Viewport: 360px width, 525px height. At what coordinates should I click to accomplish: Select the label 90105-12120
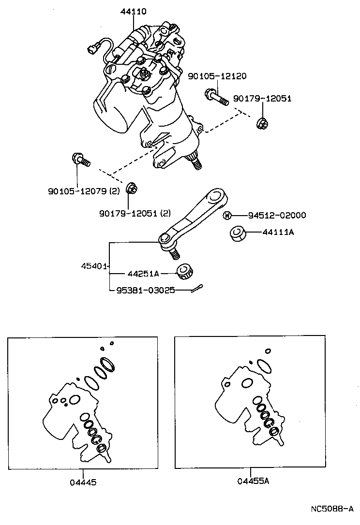(x=217, y=76)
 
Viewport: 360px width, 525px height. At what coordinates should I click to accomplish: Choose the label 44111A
(x=278, y=233)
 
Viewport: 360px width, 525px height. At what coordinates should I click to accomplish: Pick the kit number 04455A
(x=253, y=481)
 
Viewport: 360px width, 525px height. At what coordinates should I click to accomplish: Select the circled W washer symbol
(x=227, y=216)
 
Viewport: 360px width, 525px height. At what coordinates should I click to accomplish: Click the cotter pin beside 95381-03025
(x=196, y=289)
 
